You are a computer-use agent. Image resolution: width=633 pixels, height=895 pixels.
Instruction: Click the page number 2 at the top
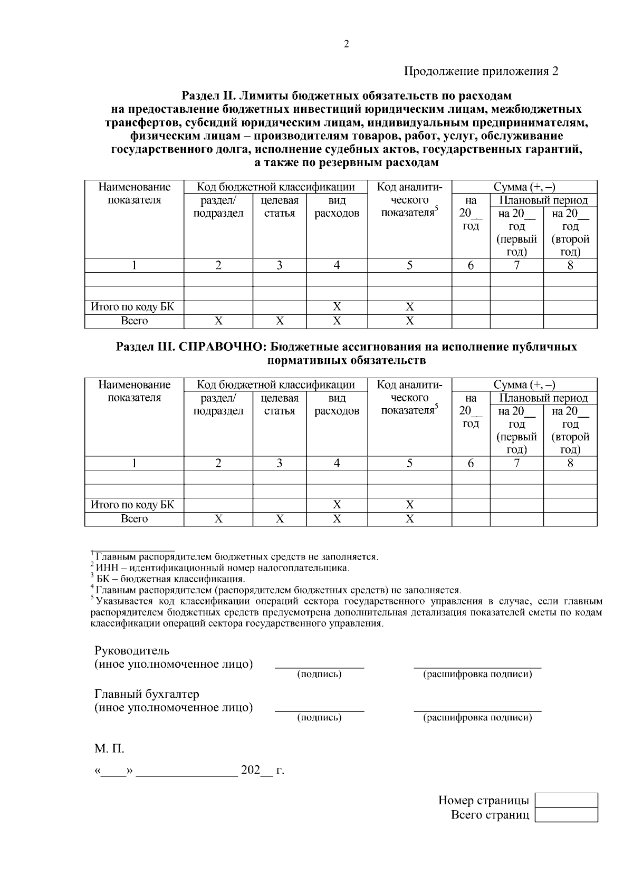point(347,44)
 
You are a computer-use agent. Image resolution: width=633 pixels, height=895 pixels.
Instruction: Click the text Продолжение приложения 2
point(481,71)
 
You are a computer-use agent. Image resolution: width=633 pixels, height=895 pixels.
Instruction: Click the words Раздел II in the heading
point(208,96)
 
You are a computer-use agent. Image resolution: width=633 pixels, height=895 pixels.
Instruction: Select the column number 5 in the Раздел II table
point(409,265)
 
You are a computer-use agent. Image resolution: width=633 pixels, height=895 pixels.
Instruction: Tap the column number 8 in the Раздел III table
point(570,463)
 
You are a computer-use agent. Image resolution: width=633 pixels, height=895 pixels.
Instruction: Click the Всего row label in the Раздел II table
point(134,321)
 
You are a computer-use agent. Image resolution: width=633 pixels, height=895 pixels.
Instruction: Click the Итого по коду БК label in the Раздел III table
point(132,505)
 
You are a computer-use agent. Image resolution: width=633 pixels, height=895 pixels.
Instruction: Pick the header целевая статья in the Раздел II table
point(279,207)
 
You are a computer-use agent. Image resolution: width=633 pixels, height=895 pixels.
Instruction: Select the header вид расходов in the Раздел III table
point(337,405)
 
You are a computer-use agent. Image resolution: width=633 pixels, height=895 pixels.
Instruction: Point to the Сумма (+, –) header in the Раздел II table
point(524,187)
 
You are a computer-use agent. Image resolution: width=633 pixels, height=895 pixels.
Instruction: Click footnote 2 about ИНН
point(222,568)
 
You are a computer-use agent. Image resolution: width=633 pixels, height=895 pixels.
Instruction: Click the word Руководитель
point(132,650)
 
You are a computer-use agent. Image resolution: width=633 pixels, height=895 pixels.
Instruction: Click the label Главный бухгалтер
point(147,694)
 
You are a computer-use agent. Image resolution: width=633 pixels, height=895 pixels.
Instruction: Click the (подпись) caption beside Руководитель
point(319,674)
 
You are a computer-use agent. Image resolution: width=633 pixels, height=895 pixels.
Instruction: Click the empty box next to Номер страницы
point(566,800)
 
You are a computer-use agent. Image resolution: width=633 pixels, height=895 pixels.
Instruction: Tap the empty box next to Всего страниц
point(566,815)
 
